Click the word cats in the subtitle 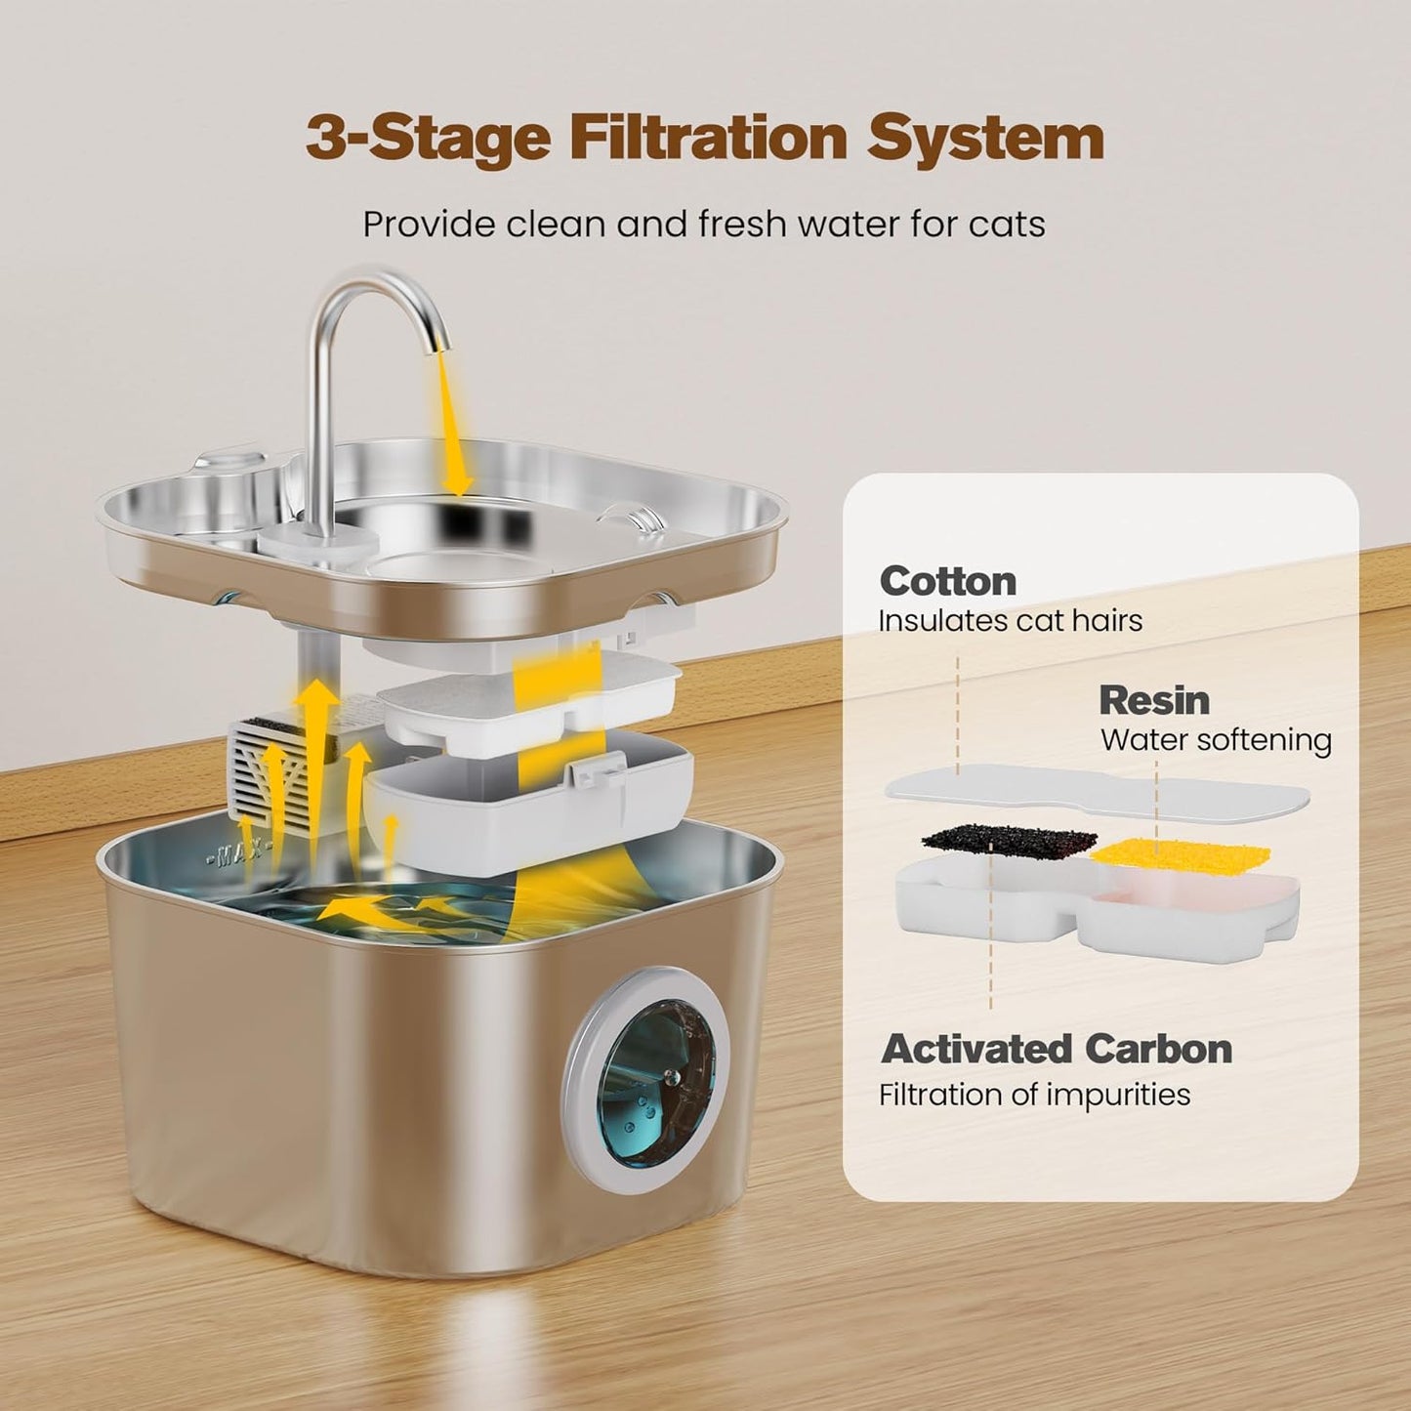pos(1007,224)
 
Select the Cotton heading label pos(947,581)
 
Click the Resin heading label pos(1153,700)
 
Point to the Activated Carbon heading pos(1056,1049)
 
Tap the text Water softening pos(1216,740)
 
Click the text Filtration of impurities pos(1034,1095)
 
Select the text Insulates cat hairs pos(1010,621)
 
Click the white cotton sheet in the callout pos(1094,789)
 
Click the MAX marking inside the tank pos(236,856)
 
